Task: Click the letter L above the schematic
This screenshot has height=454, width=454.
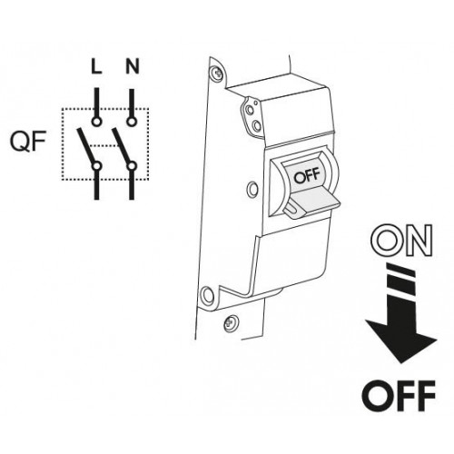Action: coord(96,66)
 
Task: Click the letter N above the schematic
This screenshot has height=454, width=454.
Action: coord(133,66)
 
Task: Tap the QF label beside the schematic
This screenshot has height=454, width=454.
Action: coord(28,142)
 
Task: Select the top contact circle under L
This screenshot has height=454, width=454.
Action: coord(96,122)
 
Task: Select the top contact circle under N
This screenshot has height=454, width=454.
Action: coord(132,122)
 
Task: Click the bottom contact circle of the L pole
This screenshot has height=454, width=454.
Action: coord(97,166)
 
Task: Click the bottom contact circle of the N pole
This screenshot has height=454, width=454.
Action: coord(132,166)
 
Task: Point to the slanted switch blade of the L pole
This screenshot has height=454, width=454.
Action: coord(86,146)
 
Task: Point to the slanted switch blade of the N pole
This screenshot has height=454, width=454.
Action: coord(121,146)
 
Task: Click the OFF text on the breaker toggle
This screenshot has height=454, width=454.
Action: coord(307,176)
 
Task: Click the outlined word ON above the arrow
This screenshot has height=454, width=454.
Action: coord(401,241)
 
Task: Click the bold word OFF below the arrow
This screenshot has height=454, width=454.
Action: coord(399,396)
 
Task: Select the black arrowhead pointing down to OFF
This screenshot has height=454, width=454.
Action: coord(401,339)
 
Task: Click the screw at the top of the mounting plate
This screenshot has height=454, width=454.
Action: coord(216,73)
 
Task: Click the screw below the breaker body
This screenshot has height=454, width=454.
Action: coord(230,323)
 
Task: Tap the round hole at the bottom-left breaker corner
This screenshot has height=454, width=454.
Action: coord(208,294)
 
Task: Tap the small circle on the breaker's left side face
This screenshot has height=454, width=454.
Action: coord(252,190)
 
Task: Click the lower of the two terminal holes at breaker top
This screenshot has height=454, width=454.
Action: coord(257,124)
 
